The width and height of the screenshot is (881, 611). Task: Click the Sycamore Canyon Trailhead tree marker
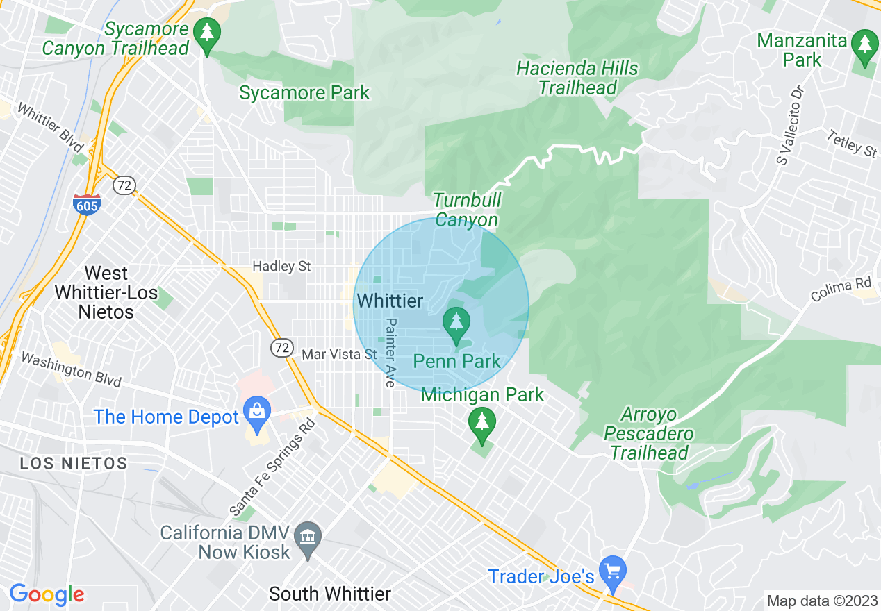click(x=206, y=33)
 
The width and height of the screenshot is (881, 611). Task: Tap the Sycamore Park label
click(x=304, y=92)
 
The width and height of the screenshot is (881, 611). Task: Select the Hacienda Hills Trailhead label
click(x=577, y=78)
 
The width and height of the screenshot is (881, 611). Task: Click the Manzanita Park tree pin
click(x=864, y=45)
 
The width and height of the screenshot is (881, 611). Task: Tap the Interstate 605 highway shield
click(x=87, y=203)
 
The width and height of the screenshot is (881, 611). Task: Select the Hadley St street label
click(x=281, y=267)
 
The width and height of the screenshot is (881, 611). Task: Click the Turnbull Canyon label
click(x=467, y=210)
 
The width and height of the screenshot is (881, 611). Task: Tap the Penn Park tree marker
click(x=456, y=324)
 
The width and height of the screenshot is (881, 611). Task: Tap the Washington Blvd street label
click(x=70, y=369)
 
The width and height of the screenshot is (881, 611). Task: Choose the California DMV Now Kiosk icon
click(x=307, y=537)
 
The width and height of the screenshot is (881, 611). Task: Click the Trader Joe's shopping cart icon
click(x=612, y=571)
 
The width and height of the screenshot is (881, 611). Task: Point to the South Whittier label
click(x=330, y=594)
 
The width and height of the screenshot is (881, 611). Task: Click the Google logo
click(x=47, y=595)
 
